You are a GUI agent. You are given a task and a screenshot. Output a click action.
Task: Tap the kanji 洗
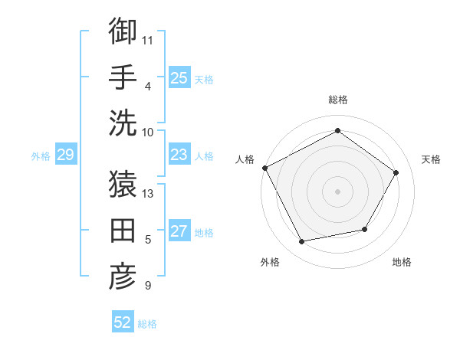(123, 123)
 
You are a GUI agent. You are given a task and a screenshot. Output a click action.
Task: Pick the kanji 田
(123, 231)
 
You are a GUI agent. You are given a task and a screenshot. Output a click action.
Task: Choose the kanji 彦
(123, 277)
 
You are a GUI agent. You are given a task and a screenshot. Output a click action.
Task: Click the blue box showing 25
(179, 77)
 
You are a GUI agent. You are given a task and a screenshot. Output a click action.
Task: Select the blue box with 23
(179, 155)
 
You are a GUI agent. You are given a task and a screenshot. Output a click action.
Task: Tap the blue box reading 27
(179, 231)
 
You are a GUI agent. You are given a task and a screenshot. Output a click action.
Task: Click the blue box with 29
(65, 155)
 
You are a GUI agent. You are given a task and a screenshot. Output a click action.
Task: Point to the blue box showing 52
(123, 322)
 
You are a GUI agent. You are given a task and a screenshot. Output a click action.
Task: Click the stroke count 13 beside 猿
(149, 193)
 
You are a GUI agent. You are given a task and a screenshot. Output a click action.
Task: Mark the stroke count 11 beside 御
(148, 39)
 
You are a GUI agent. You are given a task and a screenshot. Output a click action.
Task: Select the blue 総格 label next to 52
(147, 324)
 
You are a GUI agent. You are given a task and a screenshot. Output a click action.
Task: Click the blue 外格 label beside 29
(41, 156)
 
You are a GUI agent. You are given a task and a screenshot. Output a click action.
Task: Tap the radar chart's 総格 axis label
(337, 100)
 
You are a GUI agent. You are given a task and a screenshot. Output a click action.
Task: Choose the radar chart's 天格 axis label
(431, 159)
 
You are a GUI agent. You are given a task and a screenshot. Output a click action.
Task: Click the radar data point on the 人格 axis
(265, 168)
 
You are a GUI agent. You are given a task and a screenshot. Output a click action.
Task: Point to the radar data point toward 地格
(365, 229)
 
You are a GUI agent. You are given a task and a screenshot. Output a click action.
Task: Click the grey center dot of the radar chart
(337, 191)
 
